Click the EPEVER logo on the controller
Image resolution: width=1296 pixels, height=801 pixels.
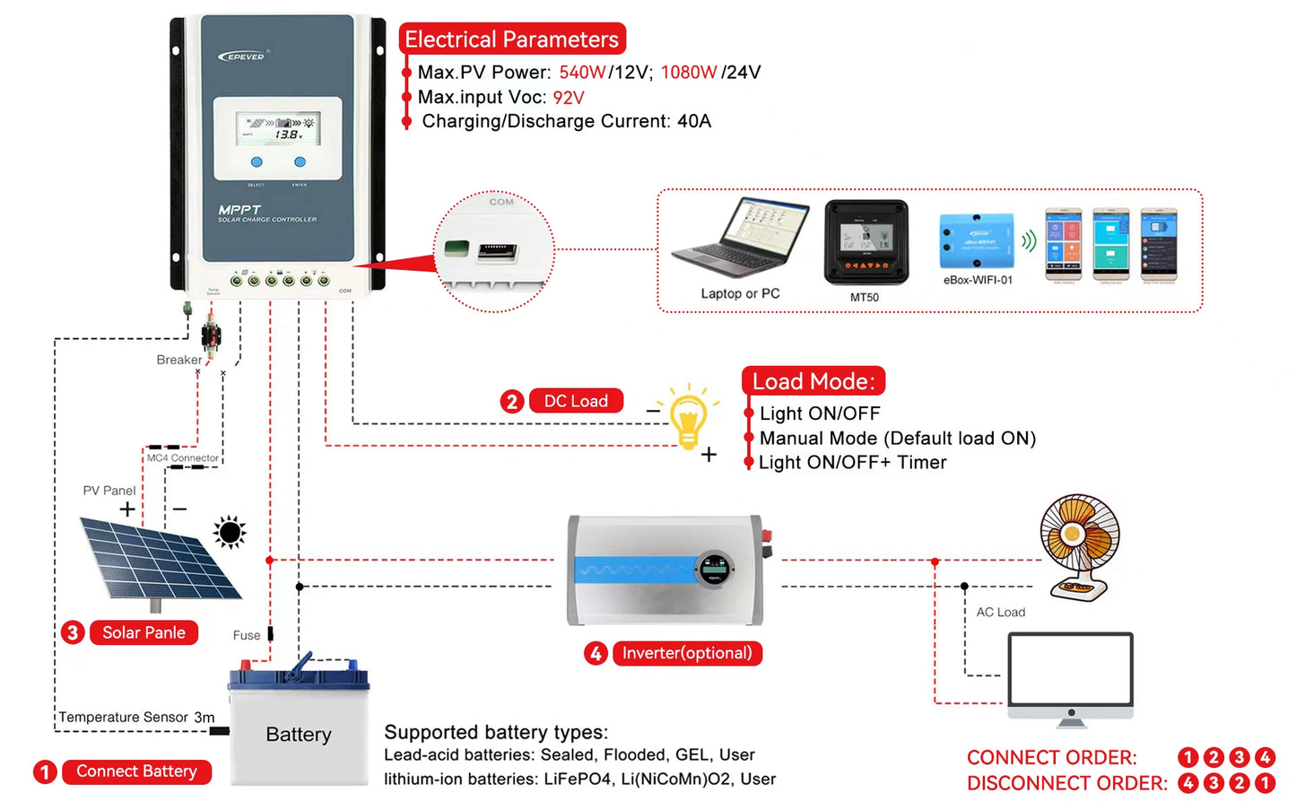click(x=242, y=57)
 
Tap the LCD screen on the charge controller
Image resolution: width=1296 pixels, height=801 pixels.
click(x=278, y=129)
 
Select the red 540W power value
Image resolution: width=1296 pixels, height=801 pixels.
click(x=582, y=73)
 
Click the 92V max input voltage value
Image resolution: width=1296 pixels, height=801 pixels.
click(x=569, y=98)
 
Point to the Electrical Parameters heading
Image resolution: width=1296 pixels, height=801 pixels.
click(x=511, y=39)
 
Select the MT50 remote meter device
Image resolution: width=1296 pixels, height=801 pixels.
click(x=865, y=242)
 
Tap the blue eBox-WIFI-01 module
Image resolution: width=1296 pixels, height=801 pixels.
click(x=977, y=241)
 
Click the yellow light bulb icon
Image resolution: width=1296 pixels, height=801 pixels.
click(x=688, y=417)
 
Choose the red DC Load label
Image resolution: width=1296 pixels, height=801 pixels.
click(x=576, y=401)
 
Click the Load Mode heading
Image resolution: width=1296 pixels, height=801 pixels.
click(x=813, y=381)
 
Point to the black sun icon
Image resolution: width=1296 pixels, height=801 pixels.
click(x=230, y=532)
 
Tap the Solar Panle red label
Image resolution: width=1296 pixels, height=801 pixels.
click(x=144, y=632)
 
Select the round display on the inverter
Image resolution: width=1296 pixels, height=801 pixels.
click(x=715, y=568)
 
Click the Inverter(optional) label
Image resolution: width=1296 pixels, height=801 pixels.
click(x=687, y=653)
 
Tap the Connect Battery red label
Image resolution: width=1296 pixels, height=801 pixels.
click(x=136, y=771)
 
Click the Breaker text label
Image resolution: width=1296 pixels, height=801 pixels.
click(x=178, y=360)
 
